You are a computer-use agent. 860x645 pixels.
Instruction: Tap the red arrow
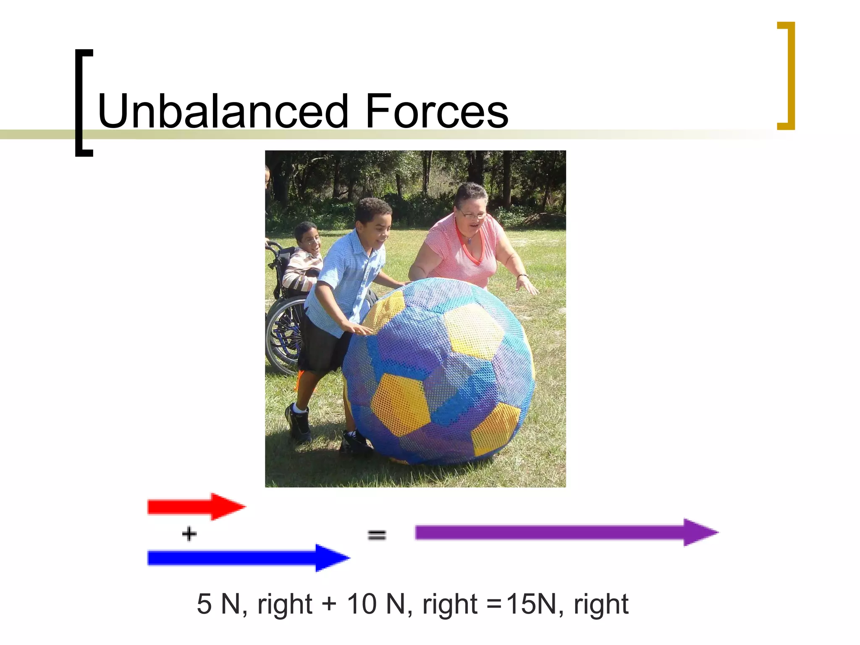click(x=196, y=507)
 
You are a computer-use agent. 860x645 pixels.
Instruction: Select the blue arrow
click(x=248, y=558)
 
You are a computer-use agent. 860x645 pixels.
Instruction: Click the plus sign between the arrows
click(x=189, y=534)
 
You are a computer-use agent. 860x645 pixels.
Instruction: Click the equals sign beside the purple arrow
click(x=377, y=535)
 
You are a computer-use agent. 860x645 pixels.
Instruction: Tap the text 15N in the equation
click(x=531, y=604)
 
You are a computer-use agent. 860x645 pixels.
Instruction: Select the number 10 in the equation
click(x=362, y=604)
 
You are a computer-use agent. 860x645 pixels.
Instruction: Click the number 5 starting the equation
click(x=204, y=604)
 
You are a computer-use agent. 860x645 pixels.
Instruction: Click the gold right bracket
click(x=787, y=76)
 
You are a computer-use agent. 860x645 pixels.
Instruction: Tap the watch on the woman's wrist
click(x=522, y=276)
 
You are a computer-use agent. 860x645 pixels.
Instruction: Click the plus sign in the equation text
click(x=329, y=604)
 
